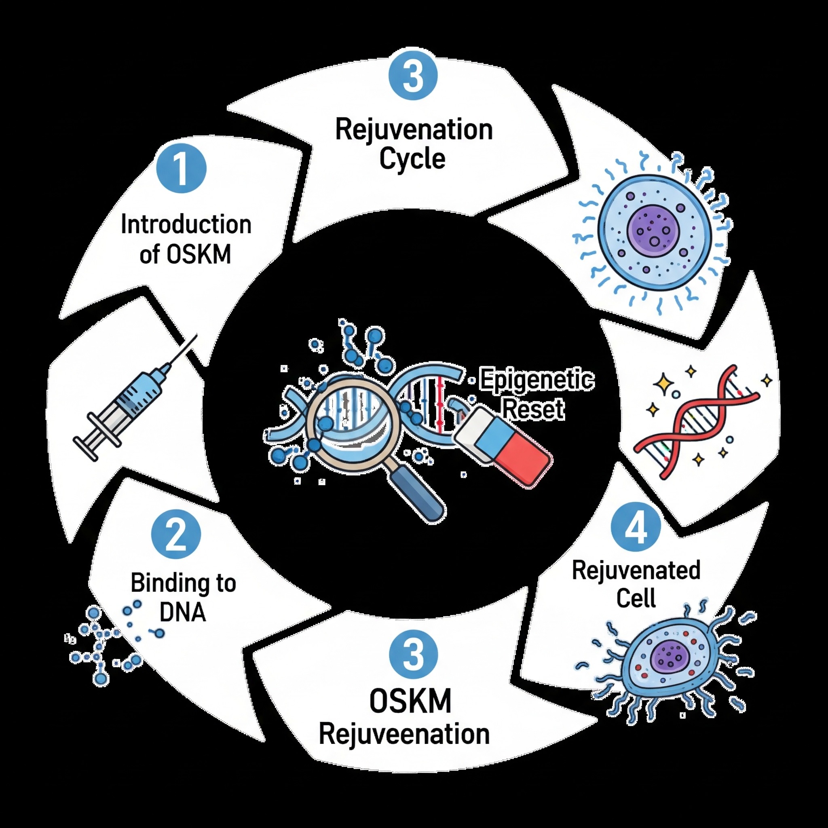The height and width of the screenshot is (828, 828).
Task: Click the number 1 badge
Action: click(x=182, y=169)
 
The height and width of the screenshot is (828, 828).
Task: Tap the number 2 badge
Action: click(x=176, y=534)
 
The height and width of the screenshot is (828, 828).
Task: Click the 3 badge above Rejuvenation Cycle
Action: click(x=413, y=76)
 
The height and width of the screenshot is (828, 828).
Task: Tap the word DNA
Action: click(x=183, y=612)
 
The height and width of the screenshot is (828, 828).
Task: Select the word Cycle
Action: click(x=412, y=159)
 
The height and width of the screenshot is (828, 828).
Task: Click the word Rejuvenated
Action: click(x=636, y=570)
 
